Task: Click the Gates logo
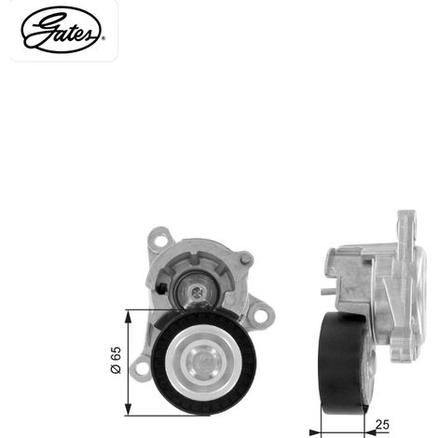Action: [x=62, y=30]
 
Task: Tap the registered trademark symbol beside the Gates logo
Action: [x=103, y=38]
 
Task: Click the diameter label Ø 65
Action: [x=116, y=360]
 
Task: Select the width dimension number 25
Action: [x=382, y=424]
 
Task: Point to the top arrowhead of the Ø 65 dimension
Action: [x=128, y=316]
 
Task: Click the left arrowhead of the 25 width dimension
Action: [x=315, y=432]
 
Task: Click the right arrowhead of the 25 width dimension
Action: [x=369, y=432]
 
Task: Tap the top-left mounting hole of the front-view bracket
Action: [x=160, y=240]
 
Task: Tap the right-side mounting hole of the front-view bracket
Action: [x=261, y=316]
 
